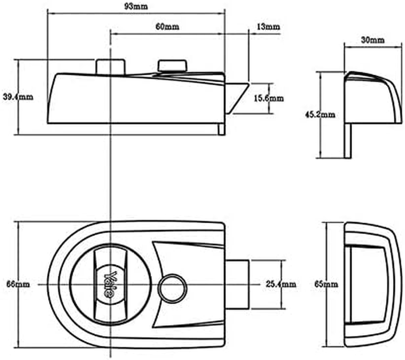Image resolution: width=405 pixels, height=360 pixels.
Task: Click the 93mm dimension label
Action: coord(138,6)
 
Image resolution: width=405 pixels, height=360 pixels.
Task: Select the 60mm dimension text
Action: coord(167,27)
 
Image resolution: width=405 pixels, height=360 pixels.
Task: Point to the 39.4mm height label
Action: coord(18,96)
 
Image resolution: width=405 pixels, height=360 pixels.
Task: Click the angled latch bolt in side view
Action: coord(236,97)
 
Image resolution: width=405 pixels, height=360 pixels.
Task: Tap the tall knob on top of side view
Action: coord(110,66)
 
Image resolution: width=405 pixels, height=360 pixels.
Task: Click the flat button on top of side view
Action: coord(172,66)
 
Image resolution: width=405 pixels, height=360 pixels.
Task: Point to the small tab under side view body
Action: coord(221,129)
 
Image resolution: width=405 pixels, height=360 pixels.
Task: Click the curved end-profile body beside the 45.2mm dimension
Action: coord(371,97)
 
